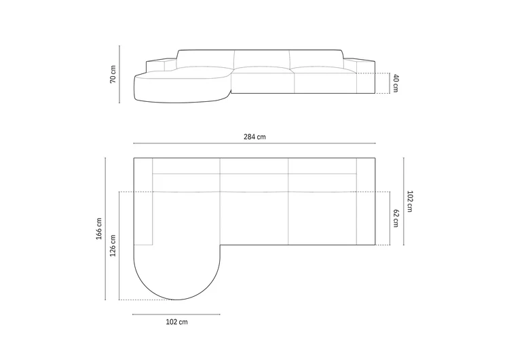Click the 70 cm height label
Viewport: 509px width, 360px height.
click(113, 75)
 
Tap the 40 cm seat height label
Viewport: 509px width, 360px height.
click(396, 83)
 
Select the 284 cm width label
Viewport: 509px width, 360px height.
click(254, 137)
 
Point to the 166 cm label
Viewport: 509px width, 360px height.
click(99, 229)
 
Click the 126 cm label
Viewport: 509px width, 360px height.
click(113, 246)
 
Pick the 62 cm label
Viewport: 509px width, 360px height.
click(396, 218)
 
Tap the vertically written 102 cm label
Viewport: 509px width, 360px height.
click(410, 202)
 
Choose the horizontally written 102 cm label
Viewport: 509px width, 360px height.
click(176, 322)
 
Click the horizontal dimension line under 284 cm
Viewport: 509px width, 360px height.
click(254, 143)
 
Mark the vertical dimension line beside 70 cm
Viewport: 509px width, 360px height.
click(119, 75)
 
